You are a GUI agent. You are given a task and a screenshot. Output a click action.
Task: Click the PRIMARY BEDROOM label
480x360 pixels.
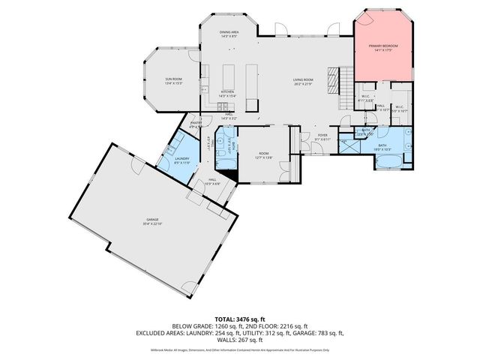click(383, 46)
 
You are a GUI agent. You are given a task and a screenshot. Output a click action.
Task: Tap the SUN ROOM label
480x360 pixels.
click(174, 79)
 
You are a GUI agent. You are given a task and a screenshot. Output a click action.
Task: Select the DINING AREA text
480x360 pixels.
click(229, 32)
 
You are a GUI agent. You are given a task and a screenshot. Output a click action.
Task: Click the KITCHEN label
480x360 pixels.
click(227, 92)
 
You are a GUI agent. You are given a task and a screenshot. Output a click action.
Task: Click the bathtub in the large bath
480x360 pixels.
click(386, 160)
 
